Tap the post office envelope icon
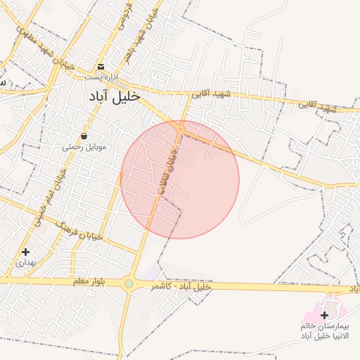[101, 67]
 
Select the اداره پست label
[102, 76]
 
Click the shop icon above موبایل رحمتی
[84, 136]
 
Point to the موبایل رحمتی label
[83, 147]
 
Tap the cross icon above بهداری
[25, 252]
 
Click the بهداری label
[25, 262]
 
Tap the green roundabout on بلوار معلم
[129, 284]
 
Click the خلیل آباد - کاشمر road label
[182, 287]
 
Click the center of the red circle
[180, 179]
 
